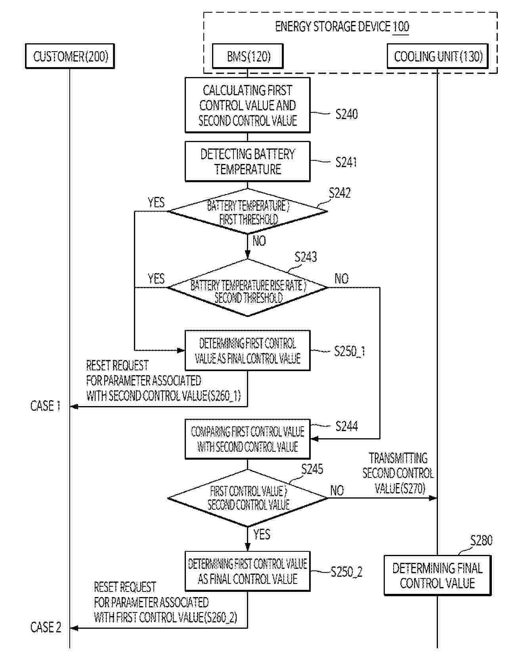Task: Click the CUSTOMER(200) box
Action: [x=70, y=56]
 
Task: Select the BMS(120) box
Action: [x=248, y=56]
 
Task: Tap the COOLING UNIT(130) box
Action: [x=438, y=56]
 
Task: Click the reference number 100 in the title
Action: [x=401, y=27]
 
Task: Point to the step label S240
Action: [x=346, y=114]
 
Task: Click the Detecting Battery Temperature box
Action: [x=247, y=162]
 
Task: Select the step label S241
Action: [x=346, y=162]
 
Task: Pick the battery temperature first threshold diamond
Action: [x=248, y=212]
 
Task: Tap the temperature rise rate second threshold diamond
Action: [x=248, y=288]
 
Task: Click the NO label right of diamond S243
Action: [x=341, y=279]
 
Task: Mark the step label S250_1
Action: [x=349, y=351]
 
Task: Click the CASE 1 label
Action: [x=46, y=406]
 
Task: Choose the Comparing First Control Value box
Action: [x=247, y=439]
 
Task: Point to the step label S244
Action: [x=346, y=426]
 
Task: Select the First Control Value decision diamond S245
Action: [x=248, y=498]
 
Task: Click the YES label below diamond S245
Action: [x=262, y=534]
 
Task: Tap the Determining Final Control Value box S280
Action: [x=438, y=575]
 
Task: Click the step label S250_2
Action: [x=346, y=572]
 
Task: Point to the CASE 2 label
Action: [x=46, y=628]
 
